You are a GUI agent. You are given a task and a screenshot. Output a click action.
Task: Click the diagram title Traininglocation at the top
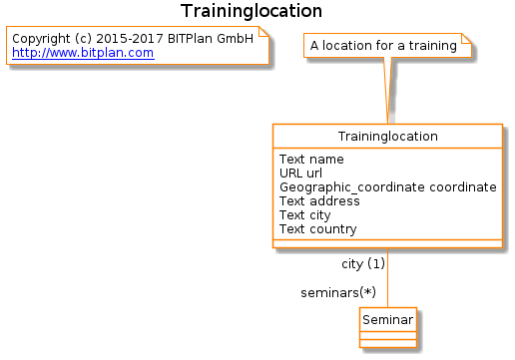click(252, 11)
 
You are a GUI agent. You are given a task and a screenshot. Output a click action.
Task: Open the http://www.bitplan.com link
click(83, 53)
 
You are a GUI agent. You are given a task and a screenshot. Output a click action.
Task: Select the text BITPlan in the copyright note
click(190, 39)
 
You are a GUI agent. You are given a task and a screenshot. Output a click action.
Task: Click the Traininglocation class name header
click(387, 137)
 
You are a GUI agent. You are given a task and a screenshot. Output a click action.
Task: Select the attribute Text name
click(311, 160)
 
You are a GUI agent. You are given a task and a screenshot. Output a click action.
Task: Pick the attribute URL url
click(300, 174)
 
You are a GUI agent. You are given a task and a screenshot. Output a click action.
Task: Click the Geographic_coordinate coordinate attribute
click(388, 187)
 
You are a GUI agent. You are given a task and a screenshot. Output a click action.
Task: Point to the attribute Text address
click(319, 201)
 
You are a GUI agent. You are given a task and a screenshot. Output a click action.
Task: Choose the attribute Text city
click(305, 215)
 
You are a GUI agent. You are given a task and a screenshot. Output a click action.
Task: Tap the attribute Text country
click(318, 229)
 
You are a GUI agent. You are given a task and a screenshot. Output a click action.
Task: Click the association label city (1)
click(363, 264)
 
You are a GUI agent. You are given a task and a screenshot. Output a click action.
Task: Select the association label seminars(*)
click(338, 293)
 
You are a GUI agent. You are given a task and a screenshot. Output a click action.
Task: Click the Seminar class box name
click(388, 320)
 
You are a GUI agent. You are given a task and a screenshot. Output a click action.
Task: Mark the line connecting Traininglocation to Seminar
click(388, 277)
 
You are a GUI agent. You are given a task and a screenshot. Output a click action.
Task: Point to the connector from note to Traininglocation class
click(388, 91)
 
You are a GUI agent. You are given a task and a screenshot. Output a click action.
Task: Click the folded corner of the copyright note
click(263, 32)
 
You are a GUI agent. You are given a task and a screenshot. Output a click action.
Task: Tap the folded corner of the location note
click(466, 38)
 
